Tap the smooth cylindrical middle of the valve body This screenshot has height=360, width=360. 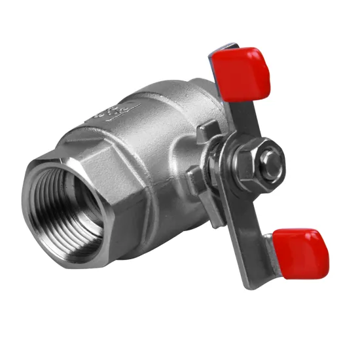(164, 124)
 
